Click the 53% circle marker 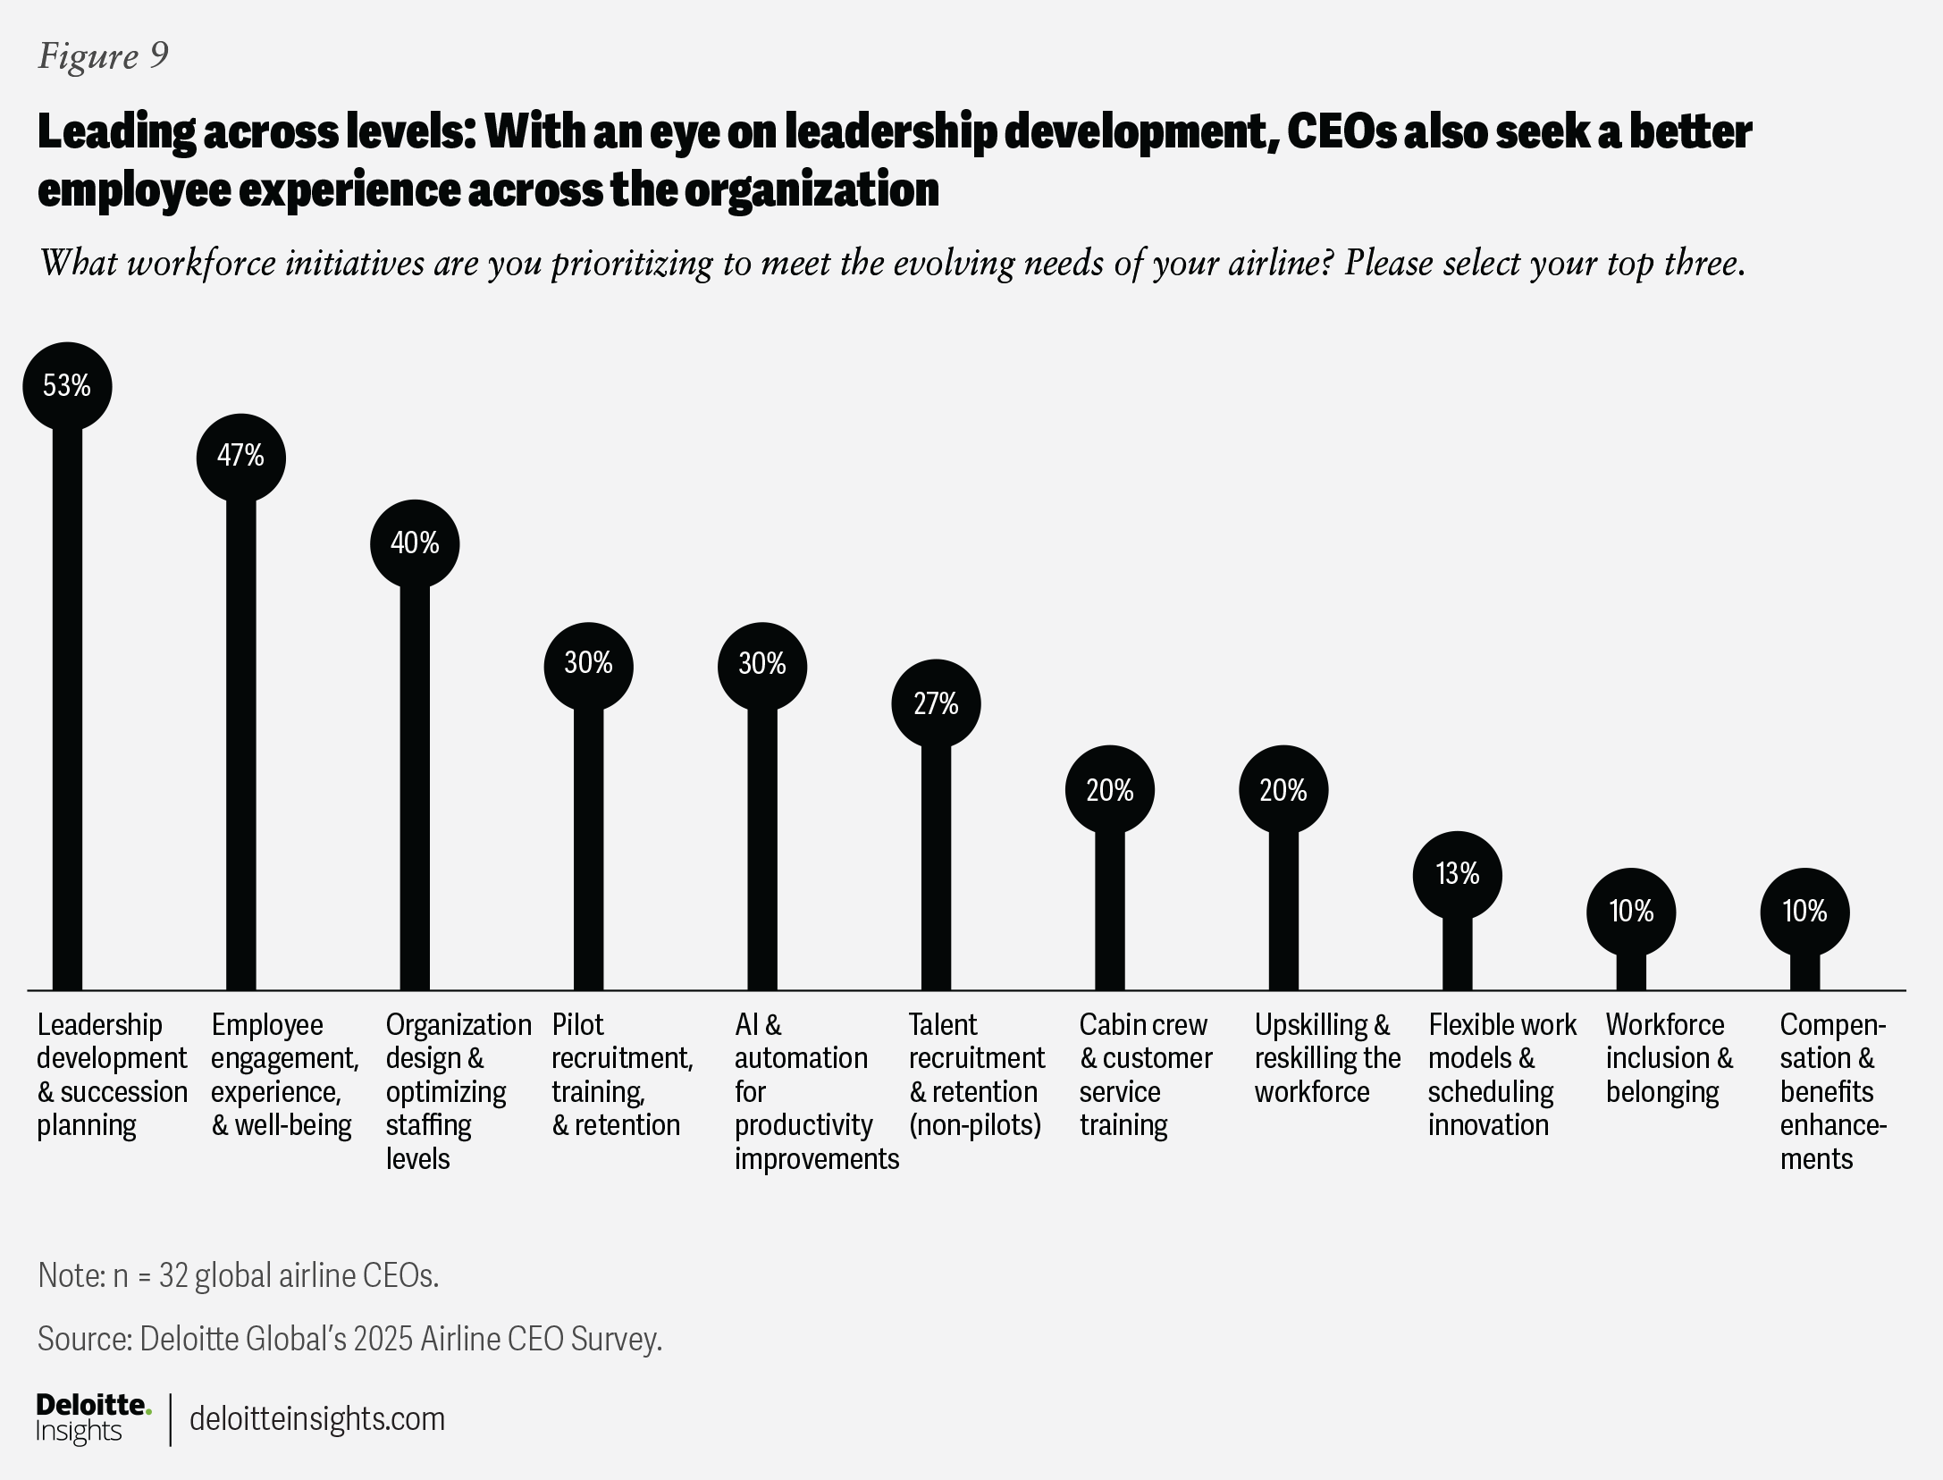pos(67,386)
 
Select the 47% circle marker pos(240,457)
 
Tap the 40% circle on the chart pos(415,543)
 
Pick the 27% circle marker pos(936,704)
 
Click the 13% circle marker pos(1457,874)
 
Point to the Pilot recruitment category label pos(622,1074)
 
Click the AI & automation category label pos(815,1091)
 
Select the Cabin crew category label pos(1145,1074)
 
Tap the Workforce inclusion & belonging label pos(1669,1058)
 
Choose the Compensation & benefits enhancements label pos(1832,1091)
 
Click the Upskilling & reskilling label pos(1326,1058)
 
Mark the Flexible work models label pos(1501,1074)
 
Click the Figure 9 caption pos(103,56)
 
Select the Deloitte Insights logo pos(93,1418)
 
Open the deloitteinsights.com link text pos(317,1419)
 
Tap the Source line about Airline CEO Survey pos(349,1339)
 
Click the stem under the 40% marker pos(415,786)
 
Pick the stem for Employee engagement pos(240,742)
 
